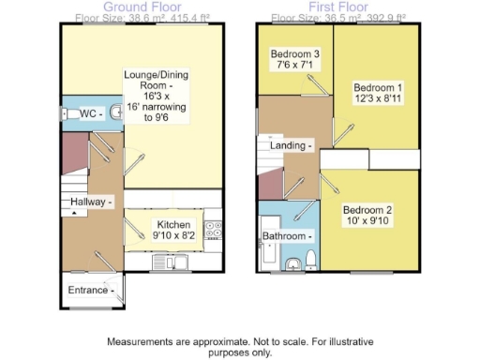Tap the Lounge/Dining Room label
[164, 89]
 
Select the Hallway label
[87, 202]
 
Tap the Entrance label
[92, 290]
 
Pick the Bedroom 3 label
[296, 60]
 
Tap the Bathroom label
[287, 235]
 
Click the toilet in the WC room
[69, 113]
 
